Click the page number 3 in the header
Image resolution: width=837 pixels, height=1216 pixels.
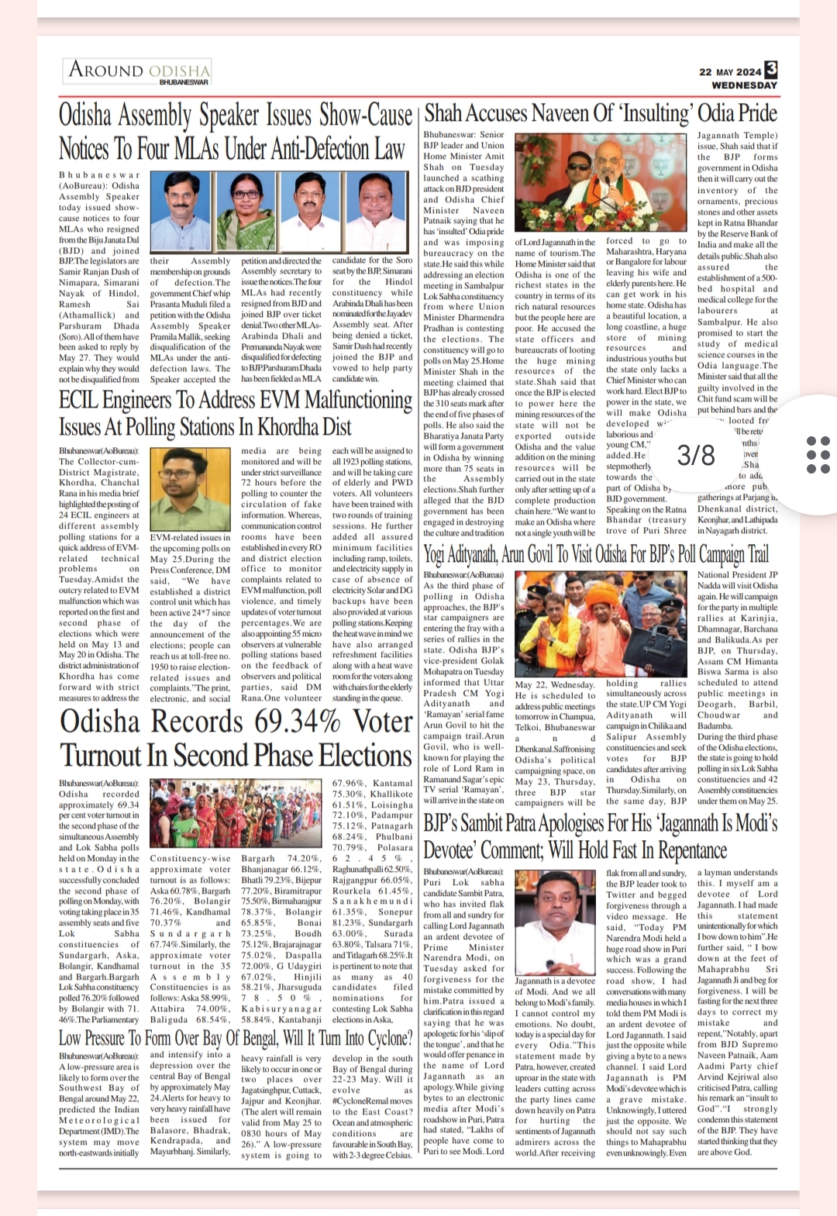[770, 71]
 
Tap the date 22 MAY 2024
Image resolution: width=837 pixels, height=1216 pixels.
[730, 72]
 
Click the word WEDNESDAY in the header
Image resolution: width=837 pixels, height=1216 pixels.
[743, 85]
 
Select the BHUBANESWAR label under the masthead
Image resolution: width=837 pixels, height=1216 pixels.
[184, 82]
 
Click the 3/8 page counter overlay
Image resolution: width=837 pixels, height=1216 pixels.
[696, 454]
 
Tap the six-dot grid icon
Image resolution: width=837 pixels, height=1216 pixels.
[818, 454]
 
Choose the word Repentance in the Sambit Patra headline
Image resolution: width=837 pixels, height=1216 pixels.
[684, 851]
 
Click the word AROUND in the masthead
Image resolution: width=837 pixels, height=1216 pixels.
[106, 70]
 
